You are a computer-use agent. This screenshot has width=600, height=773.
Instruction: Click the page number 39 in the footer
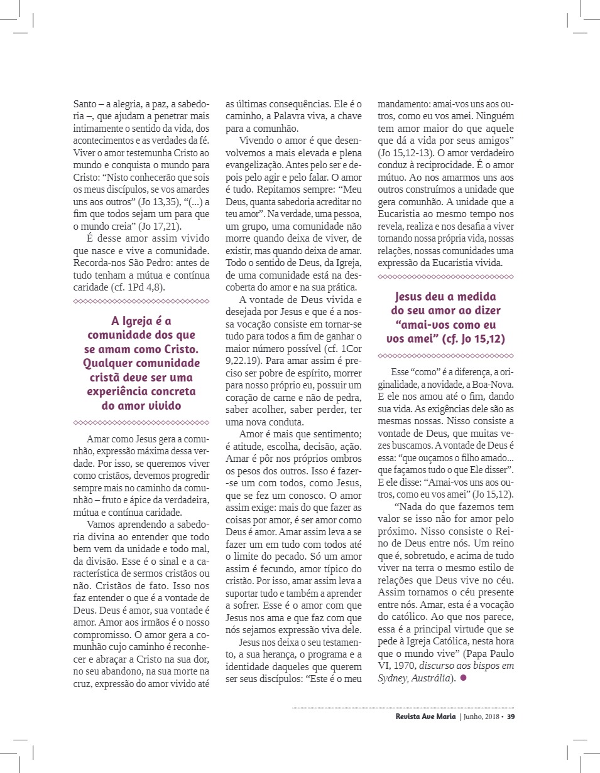point(511,717)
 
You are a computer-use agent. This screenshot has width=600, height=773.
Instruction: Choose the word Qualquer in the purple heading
point(112,363)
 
